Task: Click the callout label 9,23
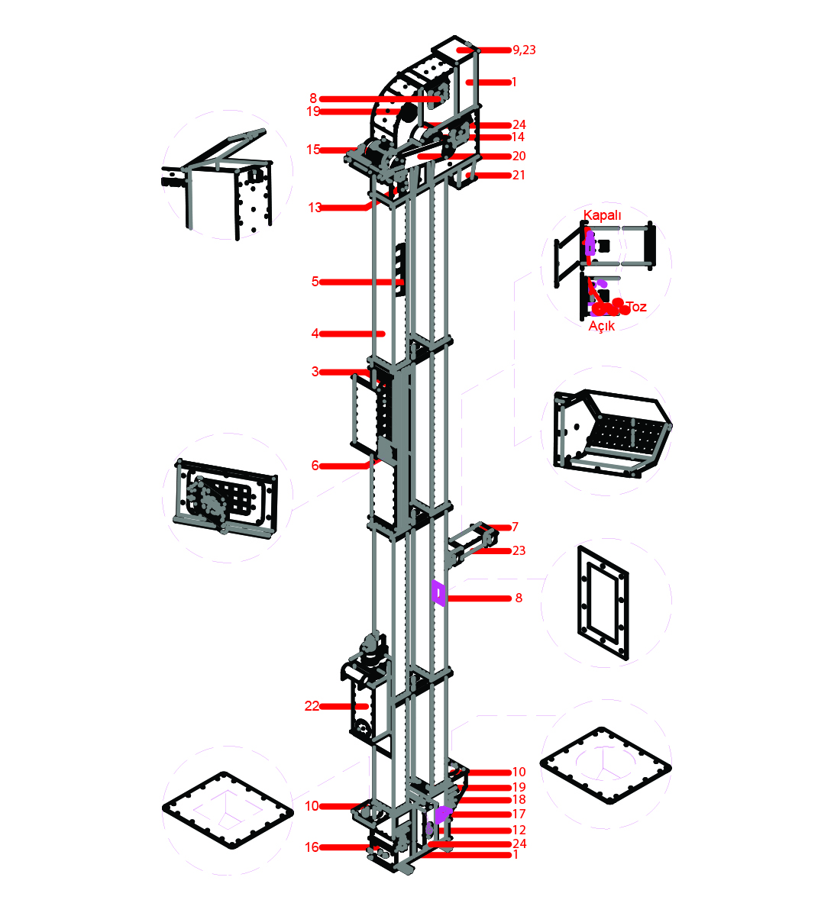click(x=524, y=50)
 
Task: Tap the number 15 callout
click(x=313, y=150)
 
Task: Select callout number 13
click(x=315, y=208)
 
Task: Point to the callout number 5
click(x=315, y=282)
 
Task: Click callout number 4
click(x=315, y=334)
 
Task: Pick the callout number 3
click(x=315, y=372)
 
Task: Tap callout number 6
click(x=315, y=466)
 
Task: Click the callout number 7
click(x=515, y=527)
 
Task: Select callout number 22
click(x=312, y=706)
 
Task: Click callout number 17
click(x=519, y=814)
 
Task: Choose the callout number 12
click(x=519, y=830)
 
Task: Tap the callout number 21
click(x=519, y=175)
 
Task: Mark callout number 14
click(x=518, y=137)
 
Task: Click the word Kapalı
click(x=602, y=215)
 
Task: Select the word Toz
click(x=636, y=307)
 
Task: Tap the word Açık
click(x=601, y=326)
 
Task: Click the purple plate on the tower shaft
click(x=438, y=593)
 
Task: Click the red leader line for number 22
click(x=344, y=706)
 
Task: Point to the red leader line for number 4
click(x=352, y=334)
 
